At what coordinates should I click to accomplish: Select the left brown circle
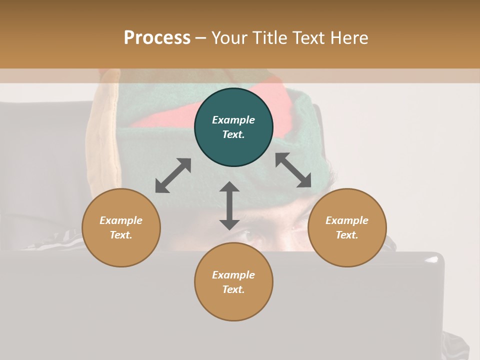[121, 227]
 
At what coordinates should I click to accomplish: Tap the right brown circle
[347, 227]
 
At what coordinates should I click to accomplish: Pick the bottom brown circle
[233, 281]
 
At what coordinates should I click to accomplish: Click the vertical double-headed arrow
[229, 205]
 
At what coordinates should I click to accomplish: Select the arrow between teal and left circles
[173, 175]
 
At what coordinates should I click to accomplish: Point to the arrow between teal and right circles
[293, 170]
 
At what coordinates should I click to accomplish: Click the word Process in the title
[157, 37]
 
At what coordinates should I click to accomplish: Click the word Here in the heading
[348, 37]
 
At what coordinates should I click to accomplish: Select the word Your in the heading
[229, 37]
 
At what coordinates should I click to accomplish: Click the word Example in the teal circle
[233, 120]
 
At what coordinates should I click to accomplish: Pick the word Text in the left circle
[121, 235]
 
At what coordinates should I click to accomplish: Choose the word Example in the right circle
[347, 220]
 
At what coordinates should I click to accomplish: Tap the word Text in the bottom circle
[233, 289]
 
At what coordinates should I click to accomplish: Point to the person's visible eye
[251, 236]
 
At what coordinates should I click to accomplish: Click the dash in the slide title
[201, 38]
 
